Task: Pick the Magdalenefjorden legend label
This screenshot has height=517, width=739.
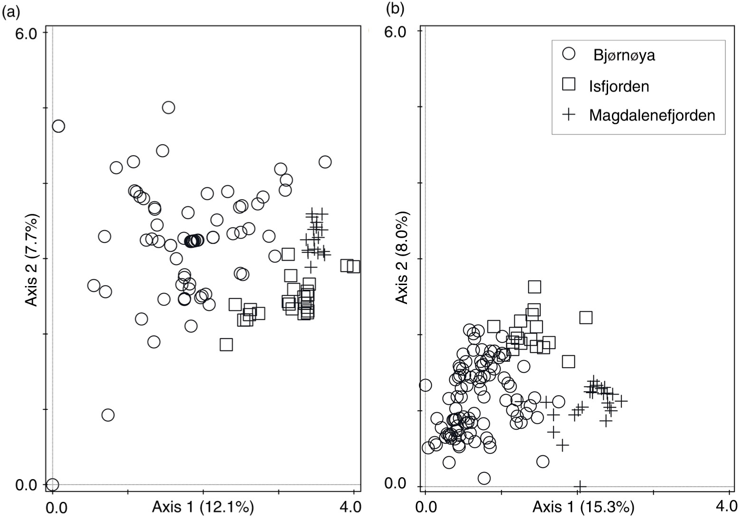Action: tap(652, 115)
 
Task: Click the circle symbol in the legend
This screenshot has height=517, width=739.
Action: tap(568, 54)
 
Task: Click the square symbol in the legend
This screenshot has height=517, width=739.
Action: tap(568, 84)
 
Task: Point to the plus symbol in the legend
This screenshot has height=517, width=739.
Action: tap(568, 114)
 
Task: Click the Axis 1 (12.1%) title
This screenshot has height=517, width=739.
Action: tap(203, 507)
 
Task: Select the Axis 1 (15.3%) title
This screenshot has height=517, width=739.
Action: tap(583, 507)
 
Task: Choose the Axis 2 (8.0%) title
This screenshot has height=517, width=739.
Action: tap(403, 259)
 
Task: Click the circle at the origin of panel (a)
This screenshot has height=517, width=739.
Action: tap(52, 484)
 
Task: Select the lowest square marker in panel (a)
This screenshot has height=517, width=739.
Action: tap(226, 344)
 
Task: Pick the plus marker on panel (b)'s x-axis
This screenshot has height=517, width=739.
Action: tap(580, 486)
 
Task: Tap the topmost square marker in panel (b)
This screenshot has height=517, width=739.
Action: tap(535, 286)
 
